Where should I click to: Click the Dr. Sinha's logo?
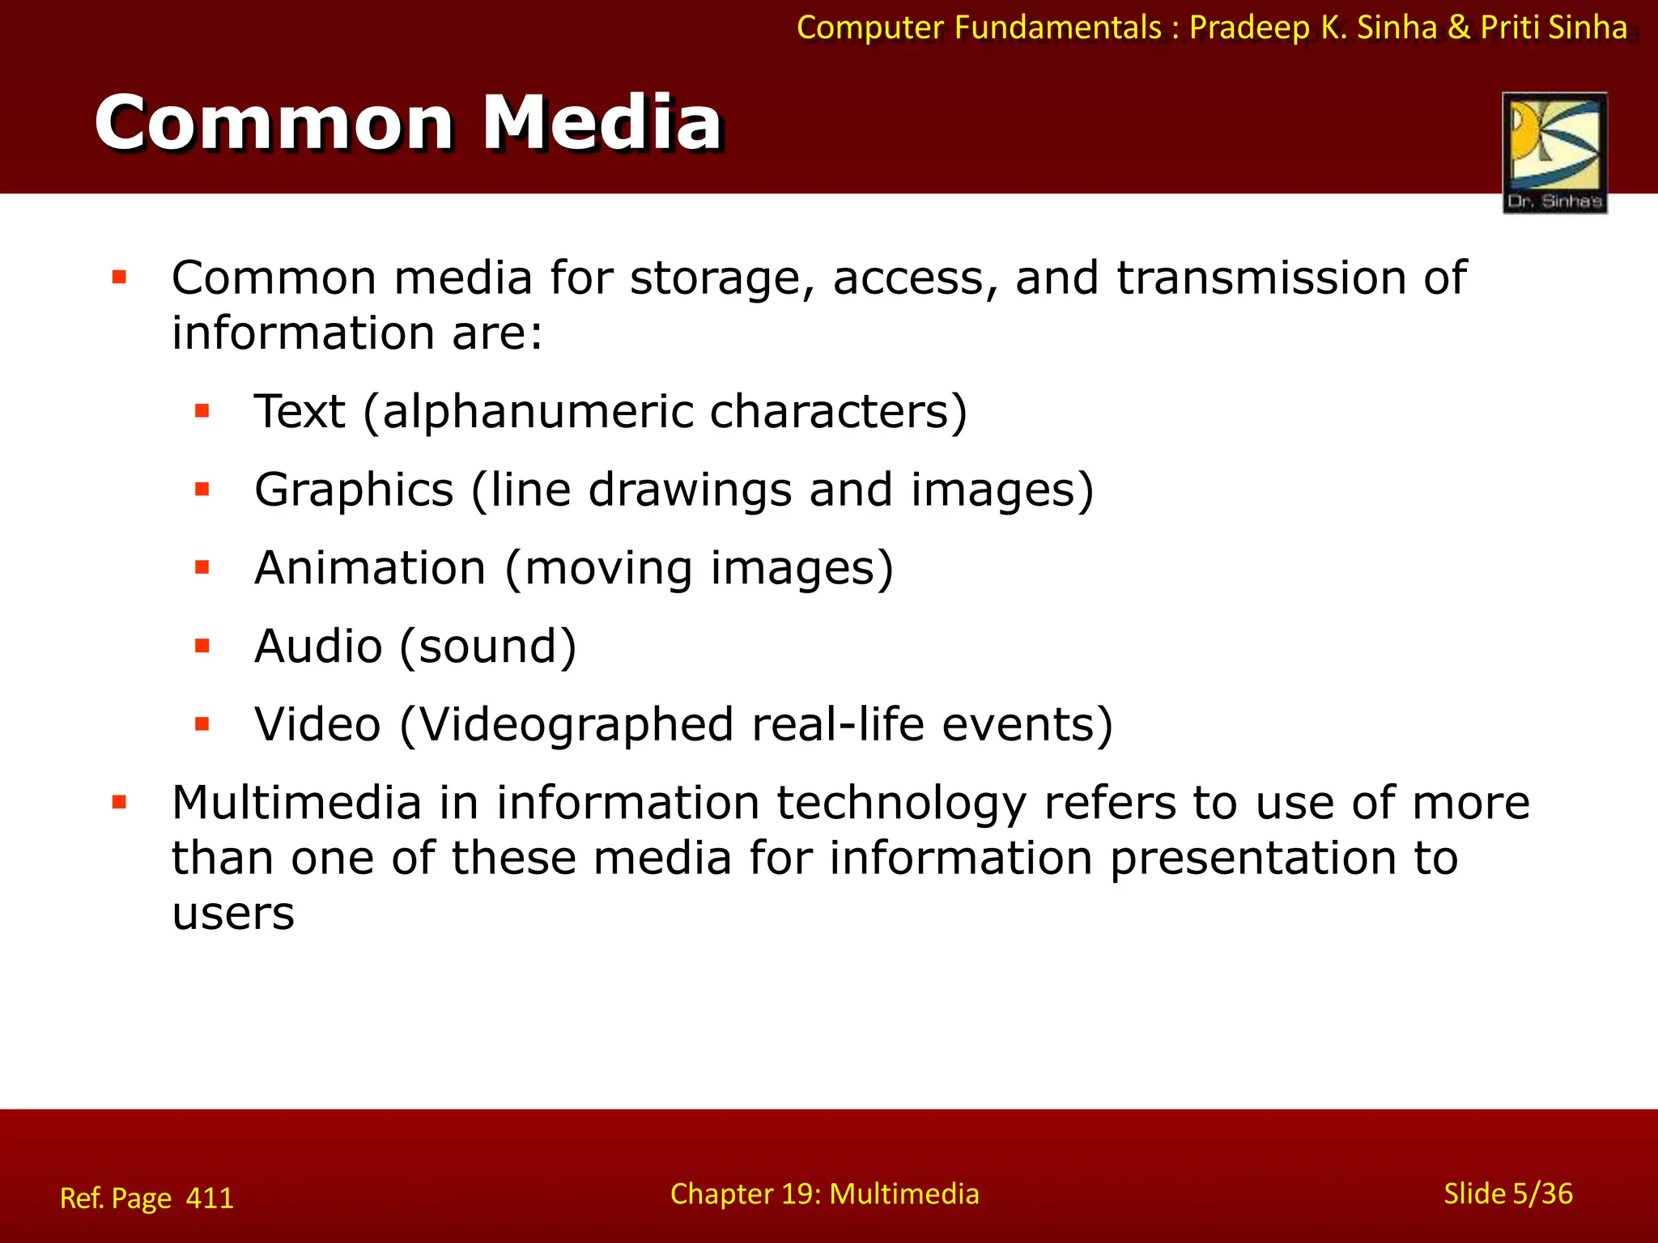pyautogui.click(x=1554, y=152)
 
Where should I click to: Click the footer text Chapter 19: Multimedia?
pyautogui.click(x=824, y=1194)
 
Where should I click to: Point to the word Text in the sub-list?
pyautogui.click(x=300, y=411)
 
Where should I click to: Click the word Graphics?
pyautogui.click(x=354, y=490)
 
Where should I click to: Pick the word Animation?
pyautogui.click(x=370, y=567)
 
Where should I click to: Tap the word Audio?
pyautogui.click(x=318, y=646)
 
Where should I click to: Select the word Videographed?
pyautogui.click(x=576, y=724)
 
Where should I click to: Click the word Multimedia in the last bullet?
pyautogui.click(x=296, y=803)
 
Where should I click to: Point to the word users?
pyautogui.click(x=233, y=914)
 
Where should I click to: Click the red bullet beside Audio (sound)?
pyautogui.click(x=202, y=646)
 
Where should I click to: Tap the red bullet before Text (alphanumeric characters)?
pyautogui.click(x=202, y=411)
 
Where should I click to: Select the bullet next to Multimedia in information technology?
pyautogui.click(x=120, y=803)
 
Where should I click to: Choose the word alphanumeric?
pyautogui.click(x=536, y=411)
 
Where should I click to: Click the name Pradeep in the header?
pyautogui.click(x=1248, y=28)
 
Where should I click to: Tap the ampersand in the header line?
pyautogui.click(x=1459, y=28)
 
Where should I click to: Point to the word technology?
pyautogui.click(x=901, y=803)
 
